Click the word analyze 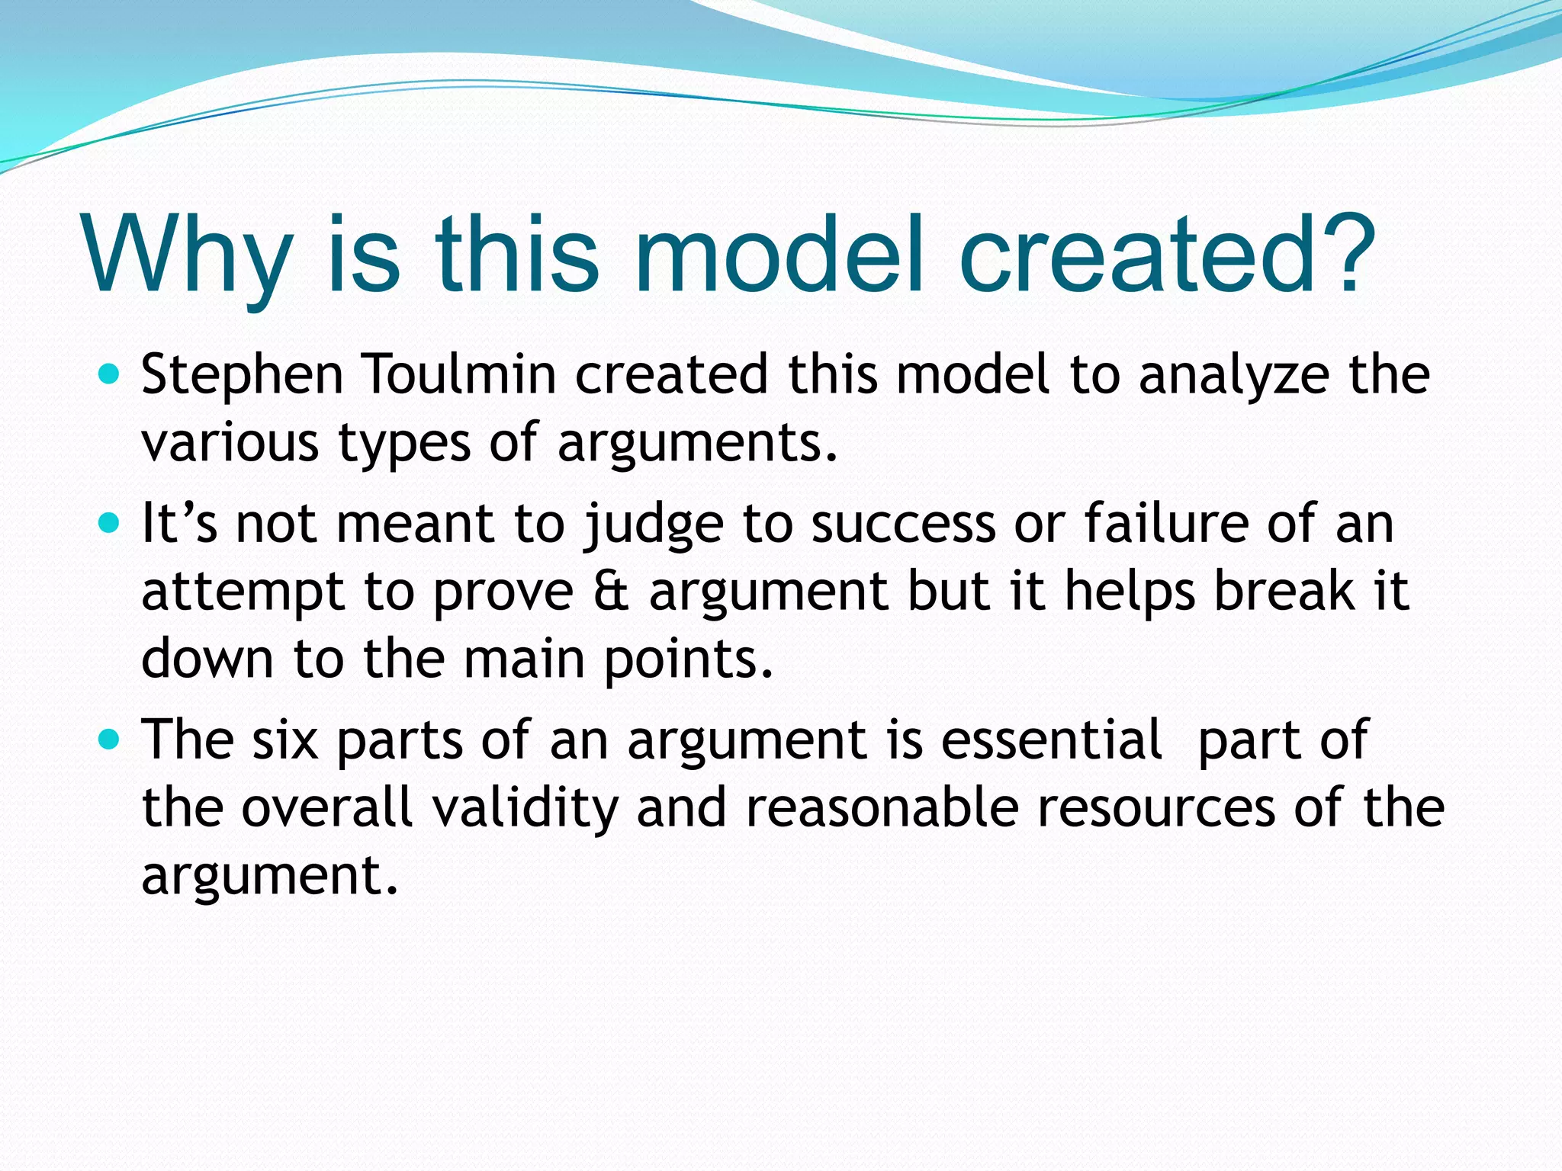tap(1233, 376)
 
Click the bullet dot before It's tap(110, 524)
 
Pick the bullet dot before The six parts tap(110, 739)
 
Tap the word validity tap(525, 807)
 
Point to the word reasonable tap(882, 807)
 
